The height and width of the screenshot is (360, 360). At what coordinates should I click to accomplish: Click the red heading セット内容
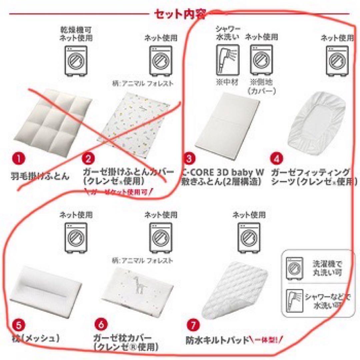click(180, 14)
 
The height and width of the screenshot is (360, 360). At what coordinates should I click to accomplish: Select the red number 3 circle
click(189, 158)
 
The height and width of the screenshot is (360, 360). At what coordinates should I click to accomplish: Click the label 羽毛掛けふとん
click(39, 176)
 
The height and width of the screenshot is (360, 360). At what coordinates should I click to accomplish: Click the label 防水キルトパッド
click(218, 340)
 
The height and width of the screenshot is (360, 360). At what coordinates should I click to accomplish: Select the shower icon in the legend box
click(295, 300)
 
